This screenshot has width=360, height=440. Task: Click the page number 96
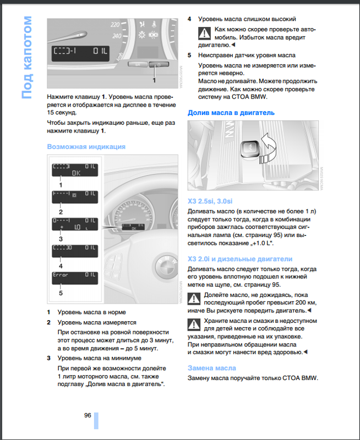[88, 415]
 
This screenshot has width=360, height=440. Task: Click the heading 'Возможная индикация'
[86, 147]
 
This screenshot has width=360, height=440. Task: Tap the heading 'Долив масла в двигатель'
[231, 113]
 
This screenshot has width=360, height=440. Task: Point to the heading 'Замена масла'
[212, 368]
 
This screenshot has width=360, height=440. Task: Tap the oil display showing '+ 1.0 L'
[75, 223]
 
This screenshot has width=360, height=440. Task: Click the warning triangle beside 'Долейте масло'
[194, 298]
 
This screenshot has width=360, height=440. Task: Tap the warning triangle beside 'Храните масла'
[194, 323]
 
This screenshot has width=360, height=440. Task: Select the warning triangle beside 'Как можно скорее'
[205, 32]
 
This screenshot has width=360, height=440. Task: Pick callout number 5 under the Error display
[61, 293]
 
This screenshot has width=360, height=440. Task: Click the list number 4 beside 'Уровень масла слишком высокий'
[190, 19]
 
